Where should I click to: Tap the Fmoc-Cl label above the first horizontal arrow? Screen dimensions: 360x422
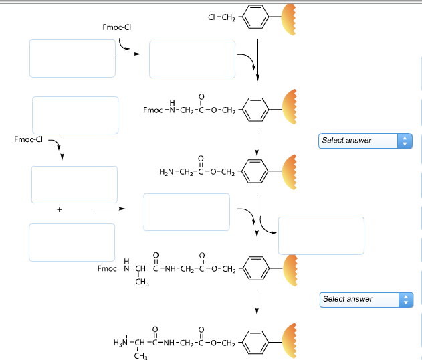[x=126, y=27]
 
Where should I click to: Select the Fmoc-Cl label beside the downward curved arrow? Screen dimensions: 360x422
[x=27, y=140]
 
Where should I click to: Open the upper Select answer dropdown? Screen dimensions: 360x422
[x=366, y=141]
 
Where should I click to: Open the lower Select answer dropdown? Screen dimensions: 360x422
[x=366, y=299]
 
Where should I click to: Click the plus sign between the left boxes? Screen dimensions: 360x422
[x=59, y=210]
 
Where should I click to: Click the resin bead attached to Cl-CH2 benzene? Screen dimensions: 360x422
[x=291, y=18]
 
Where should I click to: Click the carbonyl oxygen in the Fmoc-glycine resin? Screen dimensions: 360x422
[x=201, y=95]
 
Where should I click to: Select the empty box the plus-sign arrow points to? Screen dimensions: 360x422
[x=187, y=211]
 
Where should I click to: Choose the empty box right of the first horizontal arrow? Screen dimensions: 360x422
[x=192, y=60]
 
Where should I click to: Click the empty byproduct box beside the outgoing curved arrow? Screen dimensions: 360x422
[x=321, y=236]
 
